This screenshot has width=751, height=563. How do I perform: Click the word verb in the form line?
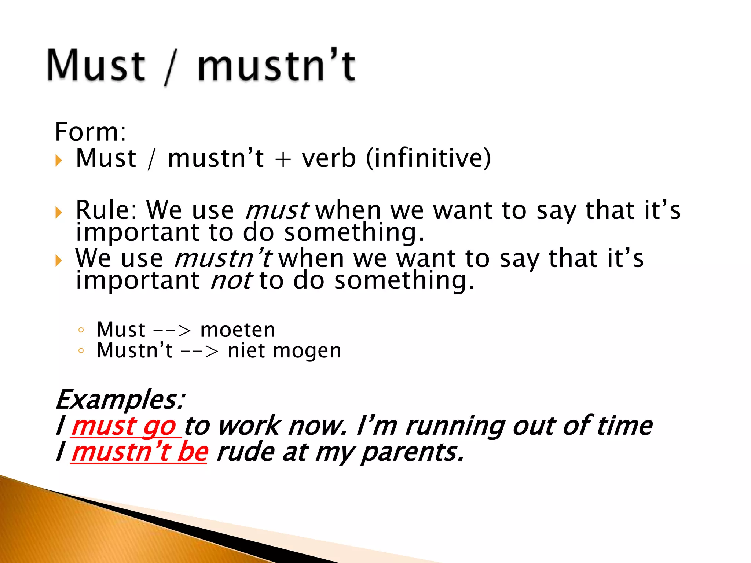(329, 158)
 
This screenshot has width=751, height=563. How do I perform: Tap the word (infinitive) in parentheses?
(428, 158)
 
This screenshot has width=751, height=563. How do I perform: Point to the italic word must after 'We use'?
(277, 211)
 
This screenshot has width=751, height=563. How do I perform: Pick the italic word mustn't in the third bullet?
(223, 258)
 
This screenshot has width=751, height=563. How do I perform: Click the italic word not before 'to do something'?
(231, 281)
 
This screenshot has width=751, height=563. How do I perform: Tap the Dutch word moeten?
(238, 330)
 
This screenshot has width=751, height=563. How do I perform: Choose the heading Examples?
(120, 399)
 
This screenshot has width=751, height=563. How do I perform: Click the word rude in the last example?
(245, 452)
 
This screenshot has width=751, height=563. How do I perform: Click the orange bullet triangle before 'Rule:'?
(59, 212)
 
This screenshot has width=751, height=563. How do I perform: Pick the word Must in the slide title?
(96, 66)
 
